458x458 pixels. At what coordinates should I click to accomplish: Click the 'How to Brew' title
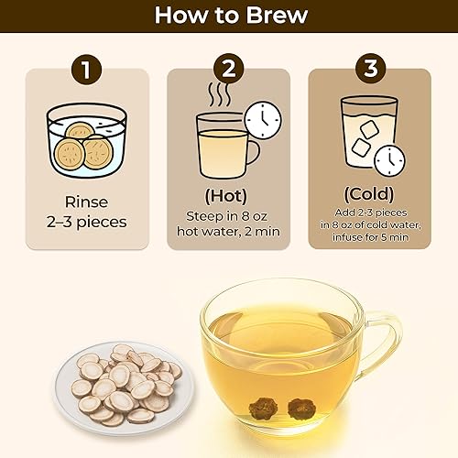pos(228,16)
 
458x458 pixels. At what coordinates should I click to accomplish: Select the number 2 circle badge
pos(227,70)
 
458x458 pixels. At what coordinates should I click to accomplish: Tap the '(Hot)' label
pos(227,195)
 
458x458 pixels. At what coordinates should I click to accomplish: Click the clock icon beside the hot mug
pos(263,120)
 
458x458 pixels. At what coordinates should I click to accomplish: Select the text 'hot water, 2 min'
pos(227,233)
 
